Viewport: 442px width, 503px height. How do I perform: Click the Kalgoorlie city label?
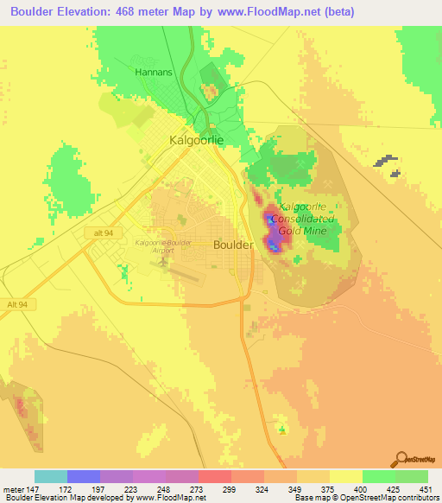coord(197,140)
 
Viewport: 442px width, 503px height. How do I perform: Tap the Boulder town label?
coord(233,245)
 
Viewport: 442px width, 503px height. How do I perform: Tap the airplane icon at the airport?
coord(164,261)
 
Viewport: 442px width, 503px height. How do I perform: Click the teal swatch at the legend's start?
coord(51,476)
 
